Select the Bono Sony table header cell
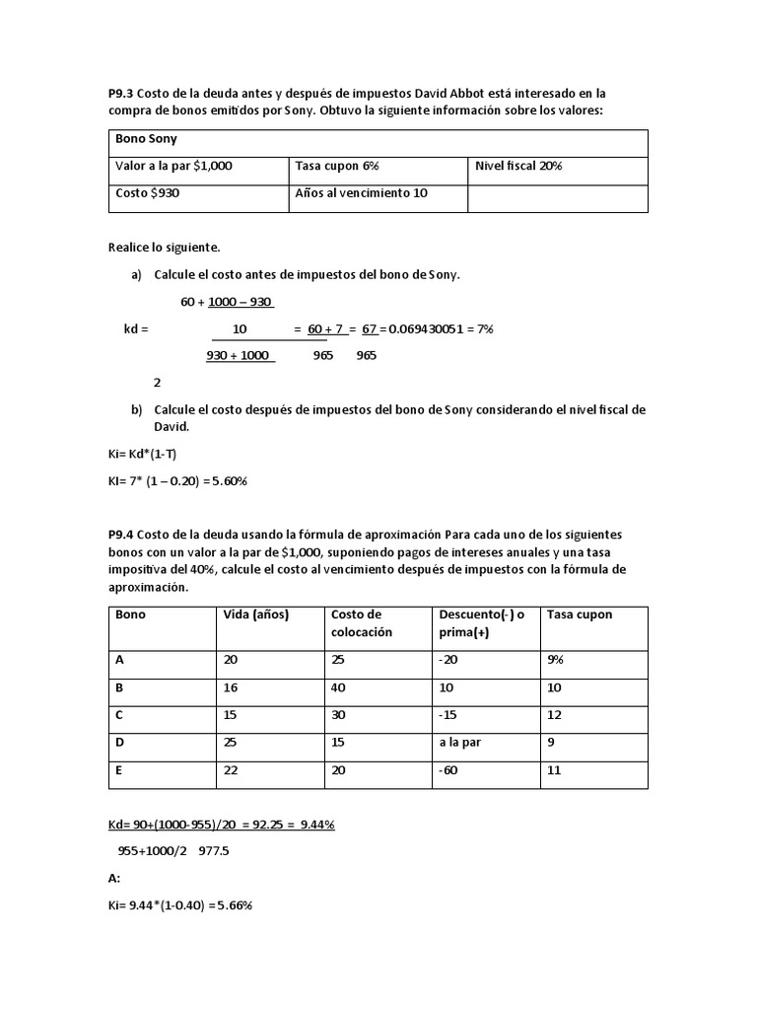pos(147,139)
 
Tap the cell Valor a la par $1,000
pos(173,166)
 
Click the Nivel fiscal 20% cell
pos(517,166)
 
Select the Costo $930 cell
pos(148,193)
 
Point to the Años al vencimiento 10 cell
pos(361,193)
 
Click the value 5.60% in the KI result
pos(226,480)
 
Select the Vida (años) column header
pos(256,614)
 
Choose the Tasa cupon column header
pos(580,614)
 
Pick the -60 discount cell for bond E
pos(449,770)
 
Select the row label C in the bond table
pos(120,715)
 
